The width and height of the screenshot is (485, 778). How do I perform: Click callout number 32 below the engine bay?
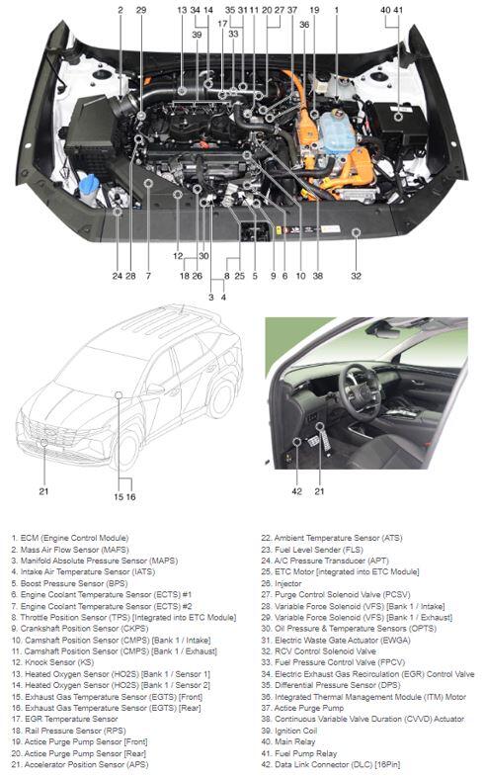tap(356, 276)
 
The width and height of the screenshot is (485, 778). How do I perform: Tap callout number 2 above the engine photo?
tap(121, 10)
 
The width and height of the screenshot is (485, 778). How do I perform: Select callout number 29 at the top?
tap(141, 10)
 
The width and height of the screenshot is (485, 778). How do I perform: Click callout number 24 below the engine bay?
tap(117, 276)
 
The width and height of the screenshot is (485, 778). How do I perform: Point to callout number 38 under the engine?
tap(318, 276)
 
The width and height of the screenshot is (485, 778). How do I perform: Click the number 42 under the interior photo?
tap(296, 491)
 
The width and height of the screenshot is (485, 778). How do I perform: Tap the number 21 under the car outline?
tap(43, 491)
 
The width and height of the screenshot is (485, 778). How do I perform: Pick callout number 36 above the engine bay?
tap(304, 25)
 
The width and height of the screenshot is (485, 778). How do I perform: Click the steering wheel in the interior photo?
tap(359, 392)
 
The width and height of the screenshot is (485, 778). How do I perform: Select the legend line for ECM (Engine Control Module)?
tap(70, 538)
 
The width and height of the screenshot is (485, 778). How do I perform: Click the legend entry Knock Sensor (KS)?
tap(52, 662)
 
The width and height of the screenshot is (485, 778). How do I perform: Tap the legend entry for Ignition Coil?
tap(288, 731)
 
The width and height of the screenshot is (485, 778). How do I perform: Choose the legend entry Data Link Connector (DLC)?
tap(331, 764)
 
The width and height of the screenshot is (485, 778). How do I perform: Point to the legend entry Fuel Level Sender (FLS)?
tap(312, 550)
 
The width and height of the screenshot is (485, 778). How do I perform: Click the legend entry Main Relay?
tap(288, 741)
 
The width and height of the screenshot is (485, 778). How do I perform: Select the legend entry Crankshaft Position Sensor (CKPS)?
tap(80, 628)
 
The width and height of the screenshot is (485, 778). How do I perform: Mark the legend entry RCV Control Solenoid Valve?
tap(318, 651)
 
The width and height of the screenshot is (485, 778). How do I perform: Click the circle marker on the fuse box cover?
tap(398, 117)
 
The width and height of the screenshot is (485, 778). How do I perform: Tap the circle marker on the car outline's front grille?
tap(44, 442)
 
